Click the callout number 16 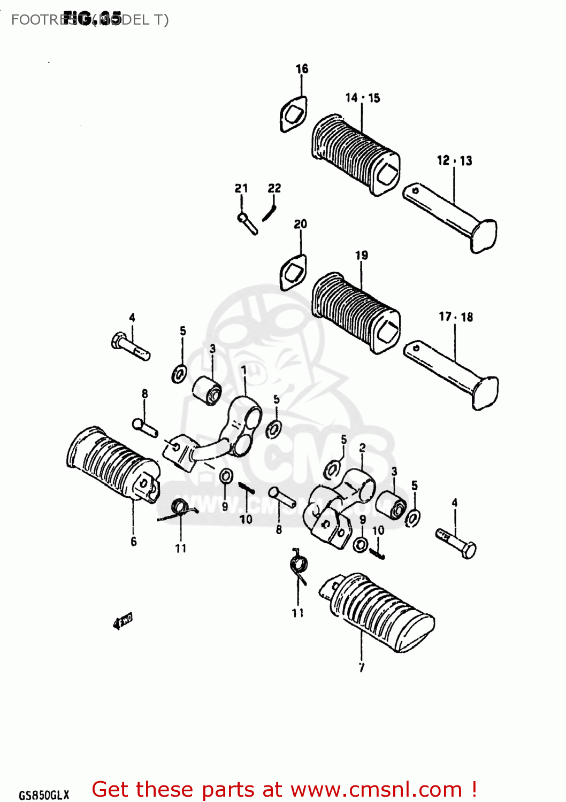(x=302, y=69)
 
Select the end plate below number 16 (x=293, y=114)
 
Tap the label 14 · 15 (x=362, y=98)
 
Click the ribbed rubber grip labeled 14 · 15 (x=354, y=155)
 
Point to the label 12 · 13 (x=454, y=160)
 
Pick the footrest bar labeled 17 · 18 (x=451, y=374)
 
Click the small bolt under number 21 (x=247, y=223)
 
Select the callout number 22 (x=274, y=188)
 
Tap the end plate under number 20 (x=293, y=273)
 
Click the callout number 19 (x=362, y=256)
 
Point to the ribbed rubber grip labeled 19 (x=355, y=312)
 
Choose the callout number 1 (x=244, y=370)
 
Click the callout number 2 (x=363, y=448)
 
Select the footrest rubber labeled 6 (x=113, y=465)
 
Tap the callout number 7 (x=362, y=667)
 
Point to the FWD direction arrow (x=123, y=620)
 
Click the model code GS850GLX (x=44, y=795)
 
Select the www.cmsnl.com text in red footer (x=376, y=790)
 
